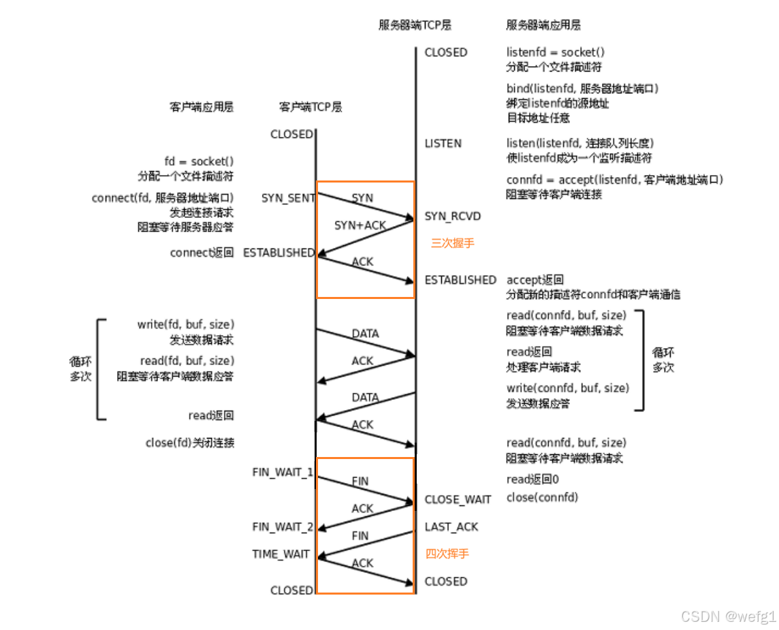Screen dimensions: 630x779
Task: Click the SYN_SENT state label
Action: click(288, 198)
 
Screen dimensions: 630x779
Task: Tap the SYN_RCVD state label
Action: click(452, 217)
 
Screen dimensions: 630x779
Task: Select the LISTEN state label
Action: click(443, 144)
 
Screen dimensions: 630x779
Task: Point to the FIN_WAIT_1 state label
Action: click(283, 472)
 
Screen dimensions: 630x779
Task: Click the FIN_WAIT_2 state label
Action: click(283, 526)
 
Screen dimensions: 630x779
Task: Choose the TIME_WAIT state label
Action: click(281, 554)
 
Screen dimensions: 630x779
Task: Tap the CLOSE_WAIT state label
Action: click(458, 500)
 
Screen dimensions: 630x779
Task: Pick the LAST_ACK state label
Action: click(451, 527)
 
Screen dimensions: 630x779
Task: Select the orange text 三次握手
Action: click(452, 243)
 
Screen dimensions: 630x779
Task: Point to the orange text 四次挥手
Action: click(447, 554)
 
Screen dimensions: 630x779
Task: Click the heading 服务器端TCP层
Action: click(415, 25)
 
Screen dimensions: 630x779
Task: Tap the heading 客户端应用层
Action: click(201, 107)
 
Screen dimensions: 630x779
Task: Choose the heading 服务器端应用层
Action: click(543, 25)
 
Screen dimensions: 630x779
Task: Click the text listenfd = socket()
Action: click(556, 52)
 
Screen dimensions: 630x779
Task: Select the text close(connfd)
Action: click(542, 497)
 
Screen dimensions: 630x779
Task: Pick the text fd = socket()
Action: click(198, 161)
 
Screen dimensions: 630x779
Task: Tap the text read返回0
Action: click(532, 479)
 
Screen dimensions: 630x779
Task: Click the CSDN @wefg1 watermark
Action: click(729, 616)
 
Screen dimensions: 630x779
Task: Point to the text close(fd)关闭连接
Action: click(190, 443)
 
